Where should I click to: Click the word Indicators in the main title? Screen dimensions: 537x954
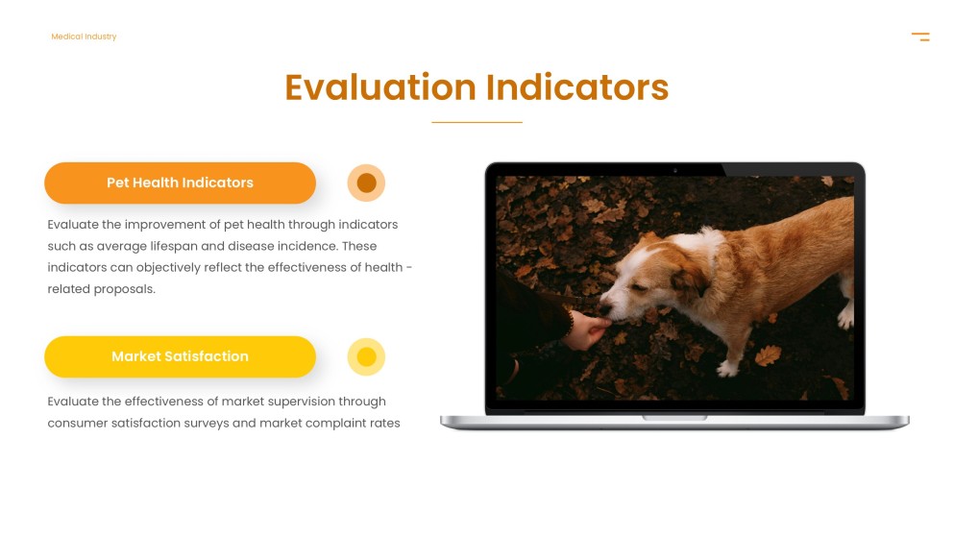coord(576,87)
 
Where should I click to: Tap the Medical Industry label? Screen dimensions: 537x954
coord(84,37)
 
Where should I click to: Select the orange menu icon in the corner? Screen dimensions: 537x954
coord(920,37)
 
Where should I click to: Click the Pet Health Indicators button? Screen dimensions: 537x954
coord(180,183)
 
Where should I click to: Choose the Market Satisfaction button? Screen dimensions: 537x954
coord(180,356)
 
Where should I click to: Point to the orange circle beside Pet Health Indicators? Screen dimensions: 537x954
coord(366,183)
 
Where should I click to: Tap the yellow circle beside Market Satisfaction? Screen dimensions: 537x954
coord(366,357)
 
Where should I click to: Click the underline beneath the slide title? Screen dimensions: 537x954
coord(477,123)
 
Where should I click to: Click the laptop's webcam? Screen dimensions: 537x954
coord(674,170)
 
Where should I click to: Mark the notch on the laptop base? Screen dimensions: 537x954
coord(674,418)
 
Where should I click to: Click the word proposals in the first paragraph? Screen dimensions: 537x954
coord(124,289)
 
